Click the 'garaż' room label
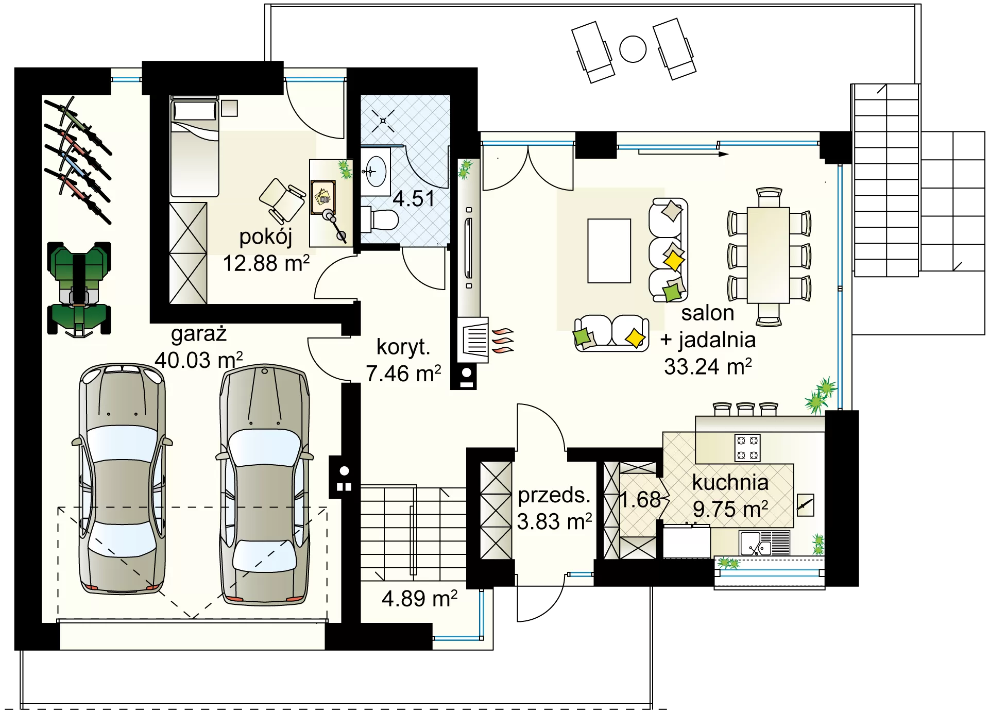(x=199, y=335)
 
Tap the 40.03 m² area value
(x=199, y=360)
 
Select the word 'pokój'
(x=266, y=238)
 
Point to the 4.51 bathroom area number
(x=414, y=199)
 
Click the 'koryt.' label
(x=403, y=347)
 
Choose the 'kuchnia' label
(x=730, y=483)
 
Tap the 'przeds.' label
(x=554, y=496)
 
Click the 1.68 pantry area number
(x=640, y=500)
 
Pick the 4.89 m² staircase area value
(x=419, y=599)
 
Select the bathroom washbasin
(x=375, y=171)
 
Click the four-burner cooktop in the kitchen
(x=747, y=448)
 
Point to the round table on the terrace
(x=633, y=49)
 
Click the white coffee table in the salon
(x=609, y=251)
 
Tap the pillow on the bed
(x=195, y=110)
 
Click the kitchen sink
(x=756, y=544)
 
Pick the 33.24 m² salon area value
(x=708, y=367)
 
